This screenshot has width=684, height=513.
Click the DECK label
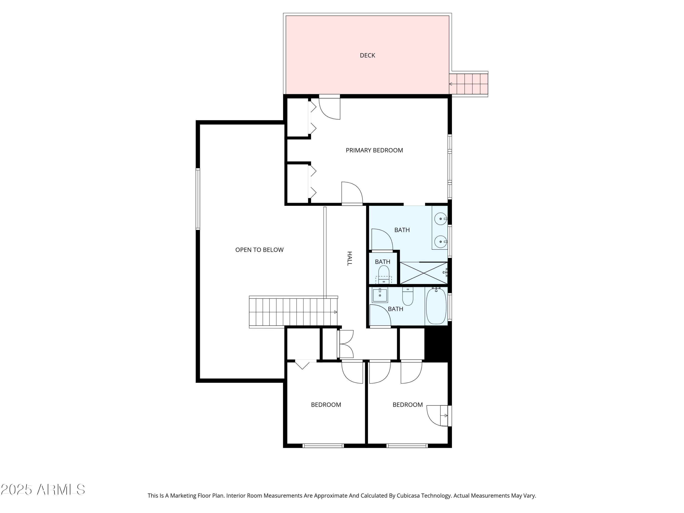click(x=367, y=55)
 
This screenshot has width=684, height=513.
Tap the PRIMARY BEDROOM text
click(x=374, y=150)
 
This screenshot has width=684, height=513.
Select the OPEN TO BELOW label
click(x=259, y=250)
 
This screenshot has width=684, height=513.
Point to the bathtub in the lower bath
click(x=436, y=306)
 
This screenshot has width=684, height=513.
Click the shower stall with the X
click(x=423, y=273)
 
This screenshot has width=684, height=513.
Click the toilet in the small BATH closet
click(x=384, y=275)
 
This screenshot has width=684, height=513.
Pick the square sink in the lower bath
click(x=380, y=295)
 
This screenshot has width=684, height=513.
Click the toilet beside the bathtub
click(x=408, y=296)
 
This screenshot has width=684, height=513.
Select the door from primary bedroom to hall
click(x=352, y=193)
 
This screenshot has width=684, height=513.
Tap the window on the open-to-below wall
click(x=198, y=199)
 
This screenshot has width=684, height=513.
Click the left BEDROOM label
click(x=326, y=405)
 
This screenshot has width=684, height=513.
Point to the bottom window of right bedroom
click(x=407, y=446)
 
